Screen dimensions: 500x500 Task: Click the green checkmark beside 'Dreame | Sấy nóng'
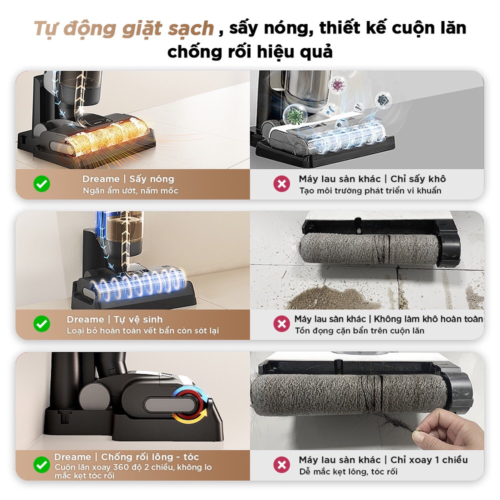pyautogui.click(x=42, y=184)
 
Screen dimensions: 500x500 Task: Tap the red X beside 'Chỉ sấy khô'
pyautogui.click(x=281, y=184)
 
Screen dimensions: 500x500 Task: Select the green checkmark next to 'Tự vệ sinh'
pyautogui.click(x=42, y=324)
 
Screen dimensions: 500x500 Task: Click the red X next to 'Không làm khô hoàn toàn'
pyautogui.click(x=281, y=324)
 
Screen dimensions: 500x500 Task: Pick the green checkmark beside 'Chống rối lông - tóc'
pyautogui.click(x=42, y=465)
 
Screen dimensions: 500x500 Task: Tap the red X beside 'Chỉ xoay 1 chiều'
pyautogui.click(x=281, y=465)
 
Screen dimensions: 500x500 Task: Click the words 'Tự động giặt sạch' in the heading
pyautogui.click(x=124, y=28)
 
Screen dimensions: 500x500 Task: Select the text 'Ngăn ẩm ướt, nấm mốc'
pyautogui.click(x=130, y=190)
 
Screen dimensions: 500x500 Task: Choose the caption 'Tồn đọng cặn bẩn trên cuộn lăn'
pyautogui.click(x=359, y=330)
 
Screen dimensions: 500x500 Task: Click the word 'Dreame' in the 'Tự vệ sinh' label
pyautogui.click(x=85, y=319)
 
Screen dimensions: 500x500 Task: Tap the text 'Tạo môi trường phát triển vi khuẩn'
pyautogui.click(x=370, y=190)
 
